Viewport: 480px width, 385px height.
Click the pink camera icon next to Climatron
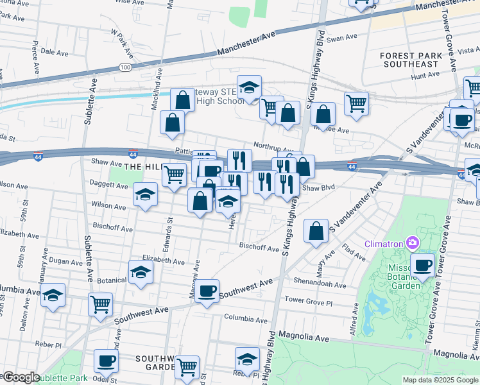click(413, 243)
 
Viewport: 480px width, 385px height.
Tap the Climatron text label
click(384, 244)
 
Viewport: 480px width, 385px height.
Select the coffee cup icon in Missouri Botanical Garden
click(422, 266)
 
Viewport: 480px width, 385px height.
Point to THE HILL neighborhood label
click(141, 166)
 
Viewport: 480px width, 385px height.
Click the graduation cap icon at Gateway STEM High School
click(249, 87)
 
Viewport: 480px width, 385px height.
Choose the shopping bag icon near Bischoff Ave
click(316, 232)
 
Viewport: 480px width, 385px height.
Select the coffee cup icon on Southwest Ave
click(207, 291)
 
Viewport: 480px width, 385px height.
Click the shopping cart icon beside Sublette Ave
click(100, 305)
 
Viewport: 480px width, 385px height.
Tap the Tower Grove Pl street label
click(309, 300)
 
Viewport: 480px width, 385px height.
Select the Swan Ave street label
click(341, 38)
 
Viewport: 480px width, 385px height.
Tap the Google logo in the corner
click(21, 377)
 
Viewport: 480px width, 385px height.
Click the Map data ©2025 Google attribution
click(440, 380)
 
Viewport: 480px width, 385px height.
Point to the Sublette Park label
click(61, 378)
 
